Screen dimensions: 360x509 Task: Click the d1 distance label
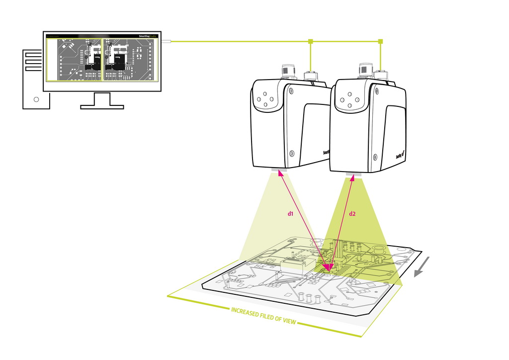(x=291, y=214)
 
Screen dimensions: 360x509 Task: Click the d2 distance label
(x=352, y=214)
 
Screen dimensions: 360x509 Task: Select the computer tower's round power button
(x=36, y=99)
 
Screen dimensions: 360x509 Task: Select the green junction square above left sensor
(x=310, y=41)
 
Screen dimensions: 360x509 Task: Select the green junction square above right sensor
(x=381, y=41)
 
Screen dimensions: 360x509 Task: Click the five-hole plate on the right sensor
(x=351, y=97)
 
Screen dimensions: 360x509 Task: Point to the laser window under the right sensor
(x=355, y=175)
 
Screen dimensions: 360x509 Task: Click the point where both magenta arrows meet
(x=328, y=271)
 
